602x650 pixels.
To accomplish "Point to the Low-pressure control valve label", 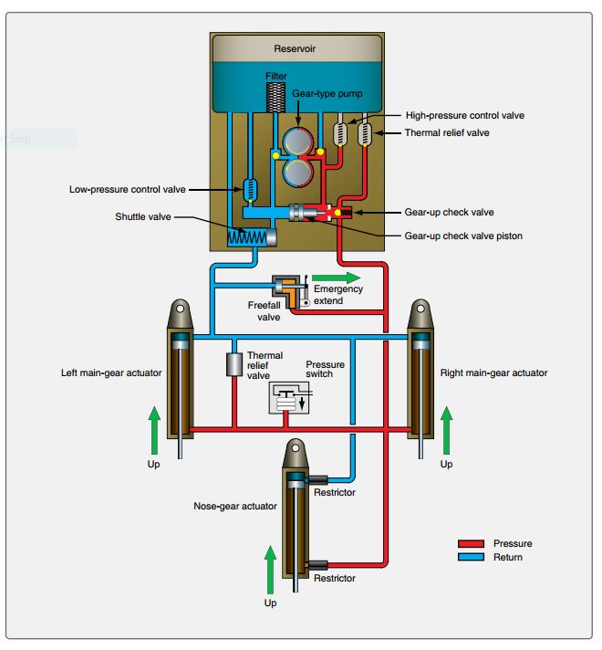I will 127,190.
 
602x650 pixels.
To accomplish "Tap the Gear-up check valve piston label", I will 463,236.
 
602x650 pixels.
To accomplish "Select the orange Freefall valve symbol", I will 291,289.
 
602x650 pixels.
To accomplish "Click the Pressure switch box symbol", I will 288,398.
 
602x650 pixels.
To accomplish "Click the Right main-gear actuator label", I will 493,372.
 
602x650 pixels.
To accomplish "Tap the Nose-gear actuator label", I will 234,505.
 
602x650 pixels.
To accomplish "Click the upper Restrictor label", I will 334,493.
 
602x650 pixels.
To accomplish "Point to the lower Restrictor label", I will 334,578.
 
